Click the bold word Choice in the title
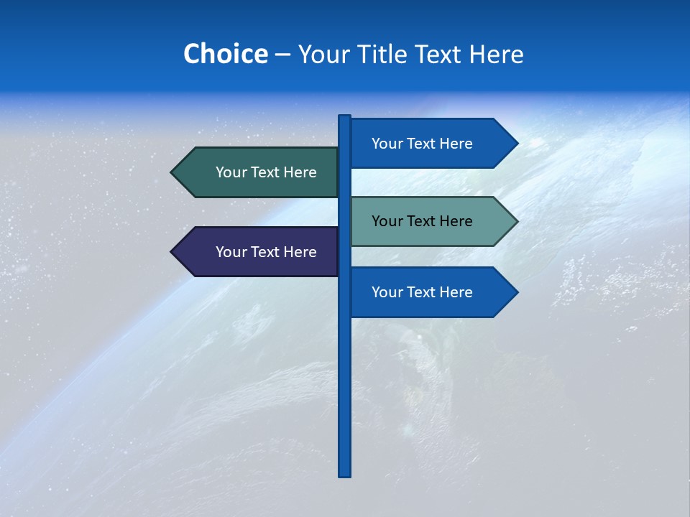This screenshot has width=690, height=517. pos(226,54)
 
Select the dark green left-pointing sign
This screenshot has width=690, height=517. pos(259,172)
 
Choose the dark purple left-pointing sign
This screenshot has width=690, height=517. pos(259,252)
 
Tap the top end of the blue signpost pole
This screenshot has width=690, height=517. pos(345,118)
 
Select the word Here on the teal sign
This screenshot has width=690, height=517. pos(456,221)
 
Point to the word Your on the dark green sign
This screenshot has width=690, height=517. pos(231,172)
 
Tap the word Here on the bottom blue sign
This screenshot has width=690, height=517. pos(456,292)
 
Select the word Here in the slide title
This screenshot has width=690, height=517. pos(496,54)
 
